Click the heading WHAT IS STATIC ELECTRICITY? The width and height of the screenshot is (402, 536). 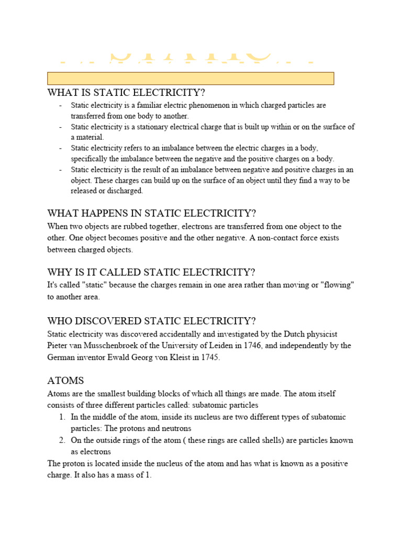coord(126,93)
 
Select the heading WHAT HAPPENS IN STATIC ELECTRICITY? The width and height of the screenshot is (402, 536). coord(151,213)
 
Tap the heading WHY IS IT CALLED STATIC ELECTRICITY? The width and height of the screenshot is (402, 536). coord(151,272)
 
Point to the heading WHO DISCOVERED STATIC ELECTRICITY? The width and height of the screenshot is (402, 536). coord(151,321)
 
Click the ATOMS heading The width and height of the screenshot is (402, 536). coord(65,380)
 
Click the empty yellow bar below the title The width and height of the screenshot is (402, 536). coord(191,79)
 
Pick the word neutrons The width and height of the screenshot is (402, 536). coord(176,428)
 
